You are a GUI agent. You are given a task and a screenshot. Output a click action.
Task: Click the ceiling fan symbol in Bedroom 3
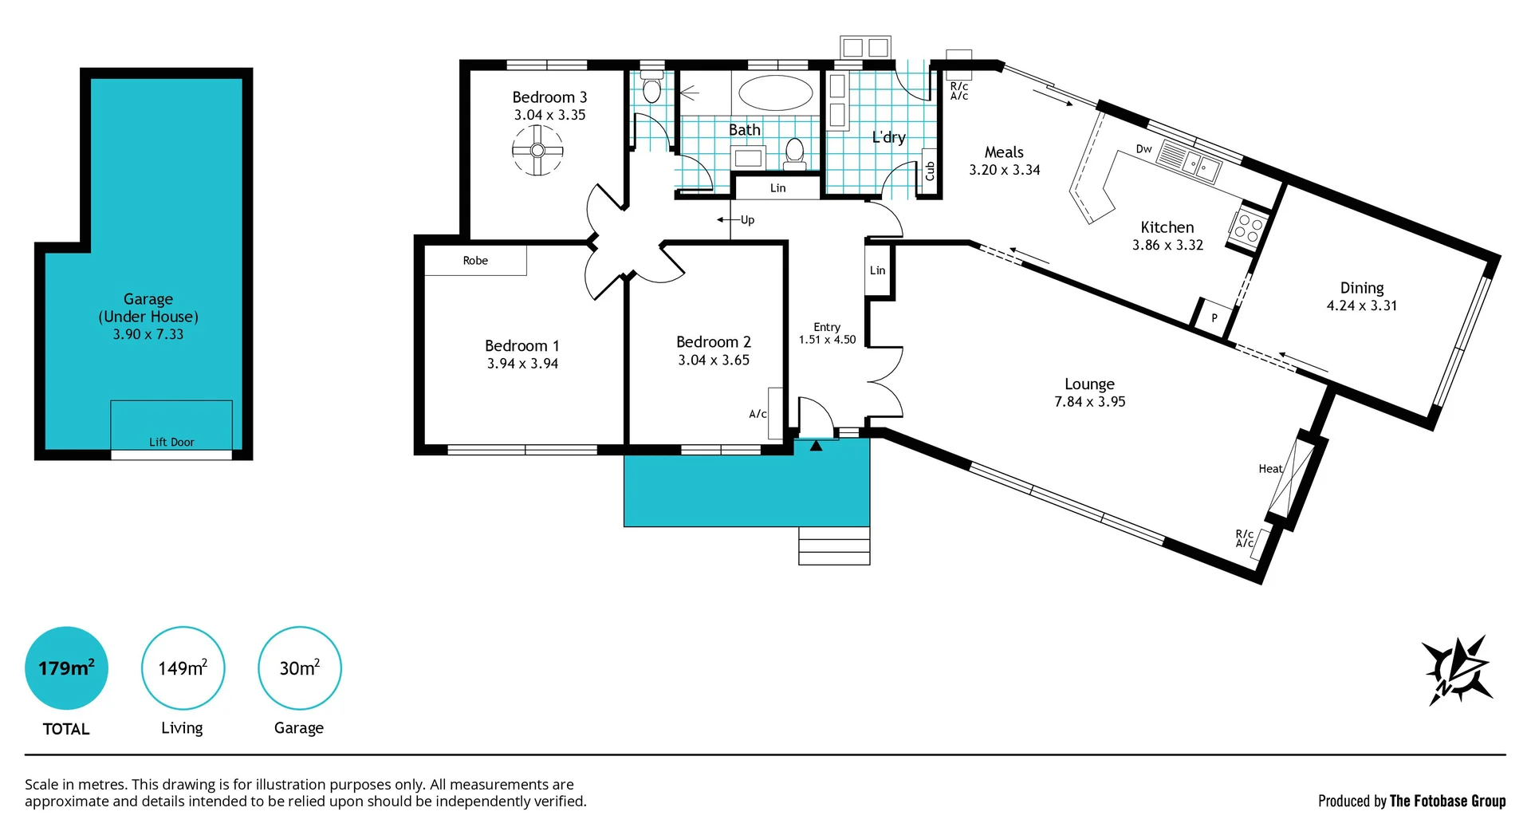coord(537,150)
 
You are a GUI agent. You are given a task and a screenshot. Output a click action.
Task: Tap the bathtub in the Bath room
coord(775,93)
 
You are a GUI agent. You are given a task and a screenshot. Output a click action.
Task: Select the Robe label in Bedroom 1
coord(475,261)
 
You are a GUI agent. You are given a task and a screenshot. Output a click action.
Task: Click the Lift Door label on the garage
coord(171,442)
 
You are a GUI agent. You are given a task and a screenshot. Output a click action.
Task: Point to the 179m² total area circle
coord(66,668)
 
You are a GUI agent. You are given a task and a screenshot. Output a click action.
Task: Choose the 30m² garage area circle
coord(299,668)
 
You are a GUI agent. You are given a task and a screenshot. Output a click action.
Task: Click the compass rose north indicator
coord(1458,671)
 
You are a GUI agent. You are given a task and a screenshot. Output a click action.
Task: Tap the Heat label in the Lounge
coord(1269,469)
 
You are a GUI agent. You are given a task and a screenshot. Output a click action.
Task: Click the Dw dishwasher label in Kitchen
coord(1143,149)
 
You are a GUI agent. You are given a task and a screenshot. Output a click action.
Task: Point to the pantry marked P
coord(1214,317)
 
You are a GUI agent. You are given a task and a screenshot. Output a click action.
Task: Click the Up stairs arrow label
coord(746,219)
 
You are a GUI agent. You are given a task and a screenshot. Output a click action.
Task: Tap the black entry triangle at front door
coord(816,447)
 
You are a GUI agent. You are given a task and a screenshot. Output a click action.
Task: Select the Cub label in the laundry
coord(929,171)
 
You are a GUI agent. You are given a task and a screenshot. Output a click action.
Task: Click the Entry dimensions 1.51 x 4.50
coord(827,340)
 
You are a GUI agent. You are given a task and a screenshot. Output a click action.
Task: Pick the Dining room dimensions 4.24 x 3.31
coord(1361,305)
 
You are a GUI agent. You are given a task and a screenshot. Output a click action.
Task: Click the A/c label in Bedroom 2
coord(758,414)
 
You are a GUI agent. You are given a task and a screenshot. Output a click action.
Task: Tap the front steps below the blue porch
coord(834,546)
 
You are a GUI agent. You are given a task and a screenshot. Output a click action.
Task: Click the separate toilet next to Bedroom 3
coord(651,89)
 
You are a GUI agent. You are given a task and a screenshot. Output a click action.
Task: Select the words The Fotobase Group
coord(1447,801)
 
